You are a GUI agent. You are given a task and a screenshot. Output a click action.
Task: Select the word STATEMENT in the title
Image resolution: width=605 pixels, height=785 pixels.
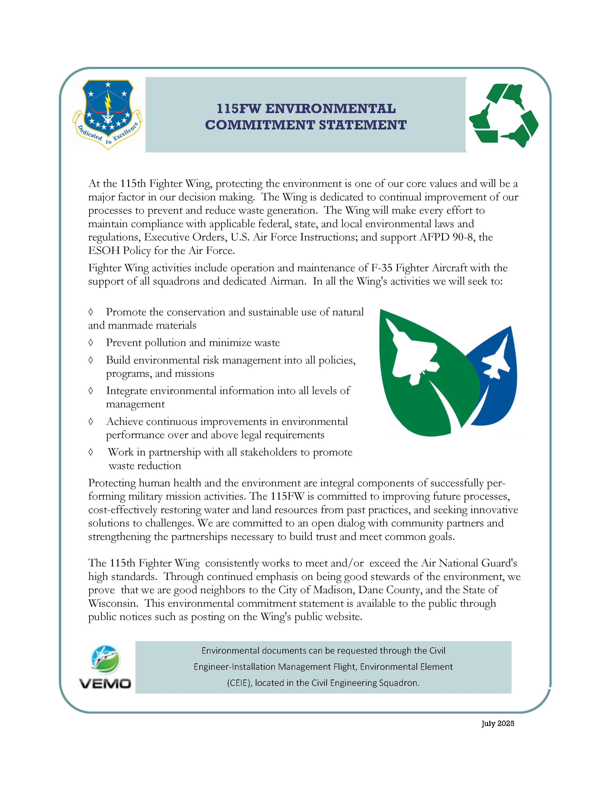click(363, 125)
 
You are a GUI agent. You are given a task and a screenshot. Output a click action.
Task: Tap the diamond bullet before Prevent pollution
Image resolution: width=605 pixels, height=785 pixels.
click(91, 343)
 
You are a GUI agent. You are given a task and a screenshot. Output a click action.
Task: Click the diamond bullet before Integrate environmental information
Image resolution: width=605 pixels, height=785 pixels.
click(91, 391)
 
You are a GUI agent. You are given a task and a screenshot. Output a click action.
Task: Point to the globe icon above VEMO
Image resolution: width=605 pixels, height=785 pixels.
click(105, 659)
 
